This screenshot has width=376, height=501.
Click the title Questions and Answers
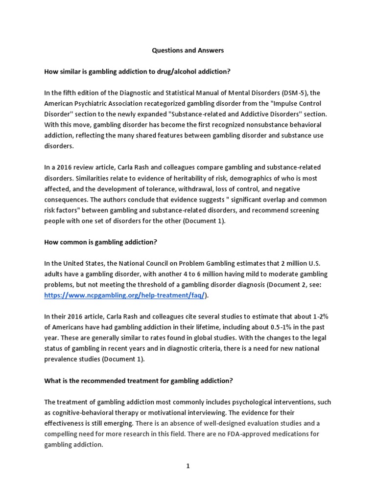pyautogui.click(x=188, y=50)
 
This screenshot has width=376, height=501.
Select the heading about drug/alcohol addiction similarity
pyautogui.click(x=137, y=71)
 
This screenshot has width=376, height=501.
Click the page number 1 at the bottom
pyautogui.click(x=188, y=466)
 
